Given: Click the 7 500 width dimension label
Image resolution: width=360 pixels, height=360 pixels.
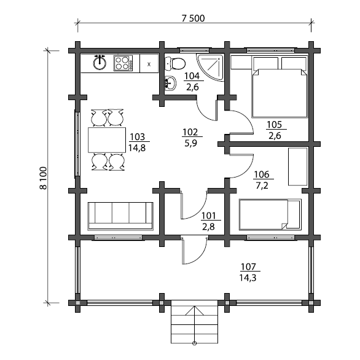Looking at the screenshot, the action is coord(193,18).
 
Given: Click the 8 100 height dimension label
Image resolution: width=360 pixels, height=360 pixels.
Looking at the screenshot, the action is coord(43,178).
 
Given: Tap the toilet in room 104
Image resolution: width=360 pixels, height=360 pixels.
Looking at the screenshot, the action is coord(175,63).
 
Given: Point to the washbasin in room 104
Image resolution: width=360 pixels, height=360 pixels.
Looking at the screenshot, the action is coord(171,83).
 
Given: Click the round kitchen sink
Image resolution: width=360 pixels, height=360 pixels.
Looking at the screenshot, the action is coord(100,63).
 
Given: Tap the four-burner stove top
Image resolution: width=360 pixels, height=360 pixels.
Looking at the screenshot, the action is coord(123,63).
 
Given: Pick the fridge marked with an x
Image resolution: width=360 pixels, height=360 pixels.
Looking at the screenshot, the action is coord(149,64).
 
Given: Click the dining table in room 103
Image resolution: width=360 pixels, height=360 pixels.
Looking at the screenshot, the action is coord(107,140).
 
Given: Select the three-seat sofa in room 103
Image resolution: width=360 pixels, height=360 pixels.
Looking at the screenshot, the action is coord(120,216).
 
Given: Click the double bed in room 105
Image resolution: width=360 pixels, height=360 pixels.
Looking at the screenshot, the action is coord(280,87).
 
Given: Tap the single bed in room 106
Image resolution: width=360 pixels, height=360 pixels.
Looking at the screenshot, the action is coord(270,214).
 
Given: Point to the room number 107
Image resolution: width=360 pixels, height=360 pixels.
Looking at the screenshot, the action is coord(248,267).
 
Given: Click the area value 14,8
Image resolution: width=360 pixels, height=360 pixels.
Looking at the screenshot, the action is coord(137,148).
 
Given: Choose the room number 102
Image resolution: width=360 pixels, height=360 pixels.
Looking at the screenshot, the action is coord(190,132).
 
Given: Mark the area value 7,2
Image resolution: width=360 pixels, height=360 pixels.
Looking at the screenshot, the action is coord(262,186).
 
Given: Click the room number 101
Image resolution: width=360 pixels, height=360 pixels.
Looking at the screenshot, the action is coord(208,216).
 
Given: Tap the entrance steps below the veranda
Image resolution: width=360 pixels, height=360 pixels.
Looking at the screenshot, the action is coord(194,321).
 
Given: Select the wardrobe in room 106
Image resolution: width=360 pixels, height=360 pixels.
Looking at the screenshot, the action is coord(298,166).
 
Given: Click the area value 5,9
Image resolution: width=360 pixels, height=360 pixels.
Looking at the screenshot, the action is coord(190,143).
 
